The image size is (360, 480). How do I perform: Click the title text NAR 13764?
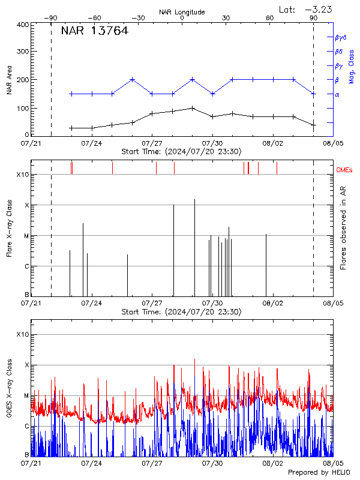click(94, 31)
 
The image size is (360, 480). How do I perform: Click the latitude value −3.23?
click(319, 9)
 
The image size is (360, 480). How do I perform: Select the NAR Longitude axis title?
click(182, 12)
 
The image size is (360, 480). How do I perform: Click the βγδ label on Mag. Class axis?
click(340, 37)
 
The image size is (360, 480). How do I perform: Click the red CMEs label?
click(344, 170)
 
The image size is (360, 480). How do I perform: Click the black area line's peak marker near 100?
click(192, 108)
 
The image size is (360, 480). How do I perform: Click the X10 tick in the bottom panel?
click(22, 334)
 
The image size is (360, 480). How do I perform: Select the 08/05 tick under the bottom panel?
click(333, 463)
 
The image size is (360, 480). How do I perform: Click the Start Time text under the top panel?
click(181, 151)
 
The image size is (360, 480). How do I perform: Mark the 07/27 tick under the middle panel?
click(152, 304)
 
